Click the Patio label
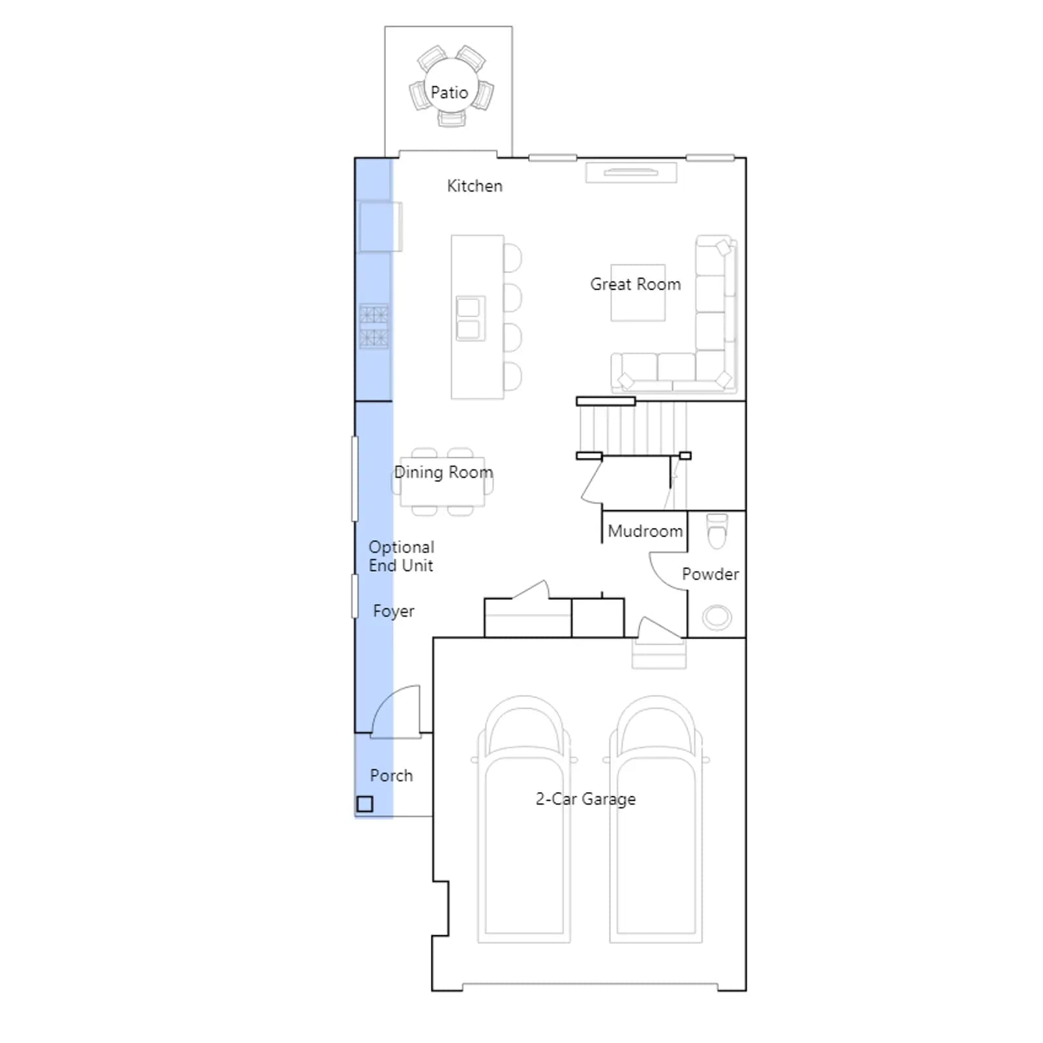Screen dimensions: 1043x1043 point(449,93)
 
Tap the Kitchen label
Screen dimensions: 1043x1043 point(475,186)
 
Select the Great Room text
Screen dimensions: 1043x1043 point(636,284)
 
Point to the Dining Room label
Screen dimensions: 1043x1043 point(443,472)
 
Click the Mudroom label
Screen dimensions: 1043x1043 point(645,531)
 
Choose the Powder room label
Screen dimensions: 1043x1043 point(711,574)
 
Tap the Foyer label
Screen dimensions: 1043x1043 point(394,611)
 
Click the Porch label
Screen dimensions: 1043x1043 point(391,776)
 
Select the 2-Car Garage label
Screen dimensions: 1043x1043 point(585,799)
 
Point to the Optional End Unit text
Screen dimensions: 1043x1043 point(402,556)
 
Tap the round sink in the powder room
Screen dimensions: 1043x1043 point(717,617)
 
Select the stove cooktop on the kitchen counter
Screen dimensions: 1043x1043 point(374,325)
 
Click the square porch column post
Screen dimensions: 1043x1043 point(365,804)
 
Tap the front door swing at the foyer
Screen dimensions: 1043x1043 point(396,712)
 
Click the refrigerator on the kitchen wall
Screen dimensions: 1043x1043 point(379,226)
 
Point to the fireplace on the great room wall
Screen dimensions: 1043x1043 point(631,173)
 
